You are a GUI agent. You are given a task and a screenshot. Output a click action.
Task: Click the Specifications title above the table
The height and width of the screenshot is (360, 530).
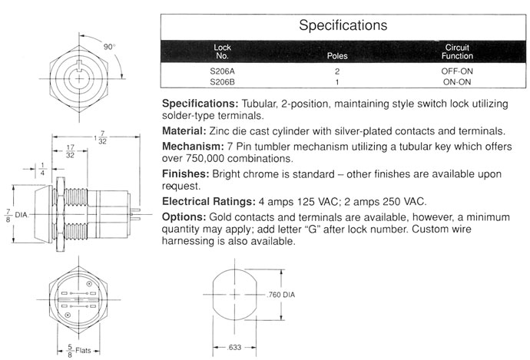click(342, 25)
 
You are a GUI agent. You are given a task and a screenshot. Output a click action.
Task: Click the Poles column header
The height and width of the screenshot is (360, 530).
click(337, 55)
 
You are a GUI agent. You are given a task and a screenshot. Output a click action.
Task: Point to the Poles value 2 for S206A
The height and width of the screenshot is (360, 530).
click(337, 71)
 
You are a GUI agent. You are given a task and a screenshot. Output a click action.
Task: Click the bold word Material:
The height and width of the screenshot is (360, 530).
click(188, 130)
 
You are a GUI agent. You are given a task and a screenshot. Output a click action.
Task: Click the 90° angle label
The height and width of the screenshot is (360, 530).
click(110, 46)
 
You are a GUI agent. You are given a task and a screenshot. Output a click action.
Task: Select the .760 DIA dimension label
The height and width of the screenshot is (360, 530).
click(280, 296)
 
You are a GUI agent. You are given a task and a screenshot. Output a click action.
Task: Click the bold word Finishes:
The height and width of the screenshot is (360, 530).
click(188, 173)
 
